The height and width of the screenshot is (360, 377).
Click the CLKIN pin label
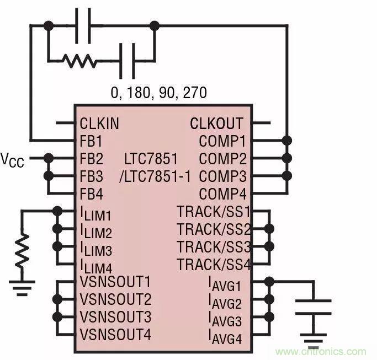point(99,123)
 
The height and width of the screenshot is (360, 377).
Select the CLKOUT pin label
point(216,123)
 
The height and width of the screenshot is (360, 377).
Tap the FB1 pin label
point(91,141)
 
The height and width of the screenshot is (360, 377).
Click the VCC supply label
point(12,160)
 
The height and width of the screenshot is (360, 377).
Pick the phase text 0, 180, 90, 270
point(159,92)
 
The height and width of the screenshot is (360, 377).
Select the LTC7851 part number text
point(151,159)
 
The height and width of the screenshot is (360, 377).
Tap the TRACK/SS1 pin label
point(214,211)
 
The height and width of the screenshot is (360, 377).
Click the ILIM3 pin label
point(96,249)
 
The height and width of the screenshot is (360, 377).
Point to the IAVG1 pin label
point(225,284)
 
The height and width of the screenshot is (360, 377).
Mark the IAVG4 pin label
point(225,336)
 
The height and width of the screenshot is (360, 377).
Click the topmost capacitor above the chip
point(83,25)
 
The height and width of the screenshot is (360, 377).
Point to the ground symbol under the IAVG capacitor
point(313,337)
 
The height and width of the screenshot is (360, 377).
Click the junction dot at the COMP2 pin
point(286,159)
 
